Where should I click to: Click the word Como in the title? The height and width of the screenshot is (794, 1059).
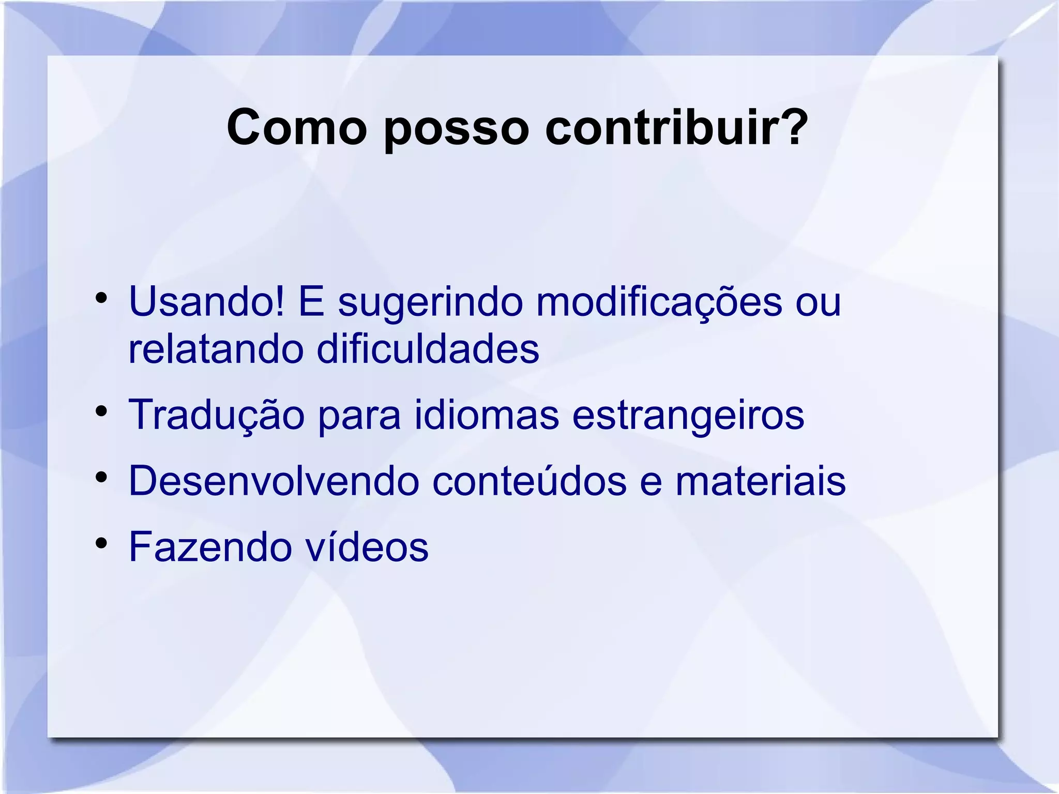click(296, 128)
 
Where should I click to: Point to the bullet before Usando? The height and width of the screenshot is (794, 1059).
click(101, 298)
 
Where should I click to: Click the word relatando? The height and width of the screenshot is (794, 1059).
click(216, 349)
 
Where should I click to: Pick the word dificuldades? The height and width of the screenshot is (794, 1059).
click(428, 349)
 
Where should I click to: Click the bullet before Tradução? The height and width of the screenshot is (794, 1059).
click(101, 411)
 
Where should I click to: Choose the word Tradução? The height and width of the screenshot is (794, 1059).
click(216, 415)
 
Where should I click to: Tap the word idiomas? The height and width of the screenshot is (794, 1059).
click(487, 415)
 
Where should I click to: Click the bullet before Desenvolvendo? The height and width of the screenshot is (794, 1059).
click(101, 478)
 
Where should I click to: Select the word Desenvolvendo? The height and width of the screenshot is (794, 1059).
click(274, 481)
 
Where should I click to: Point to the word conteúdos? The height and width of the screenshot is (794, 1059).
click(529, 480)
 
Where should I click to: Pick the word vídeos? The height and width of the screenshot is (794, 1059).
click(367, 547)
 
